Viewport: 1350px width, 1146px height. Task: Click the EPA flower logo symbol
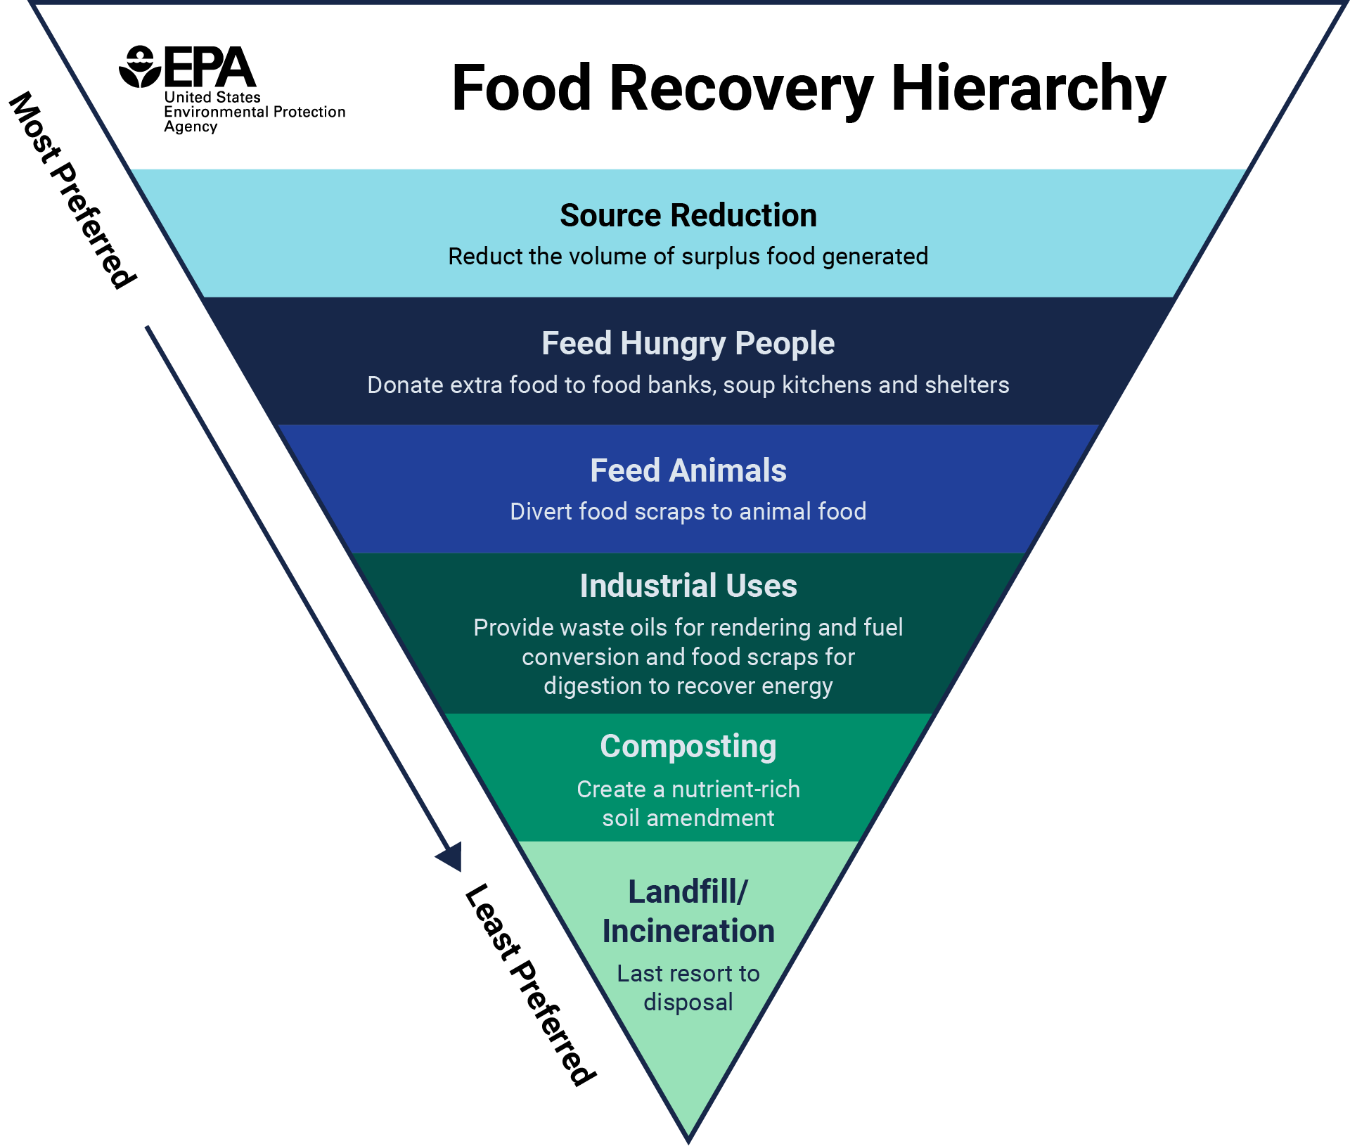coord(140,67)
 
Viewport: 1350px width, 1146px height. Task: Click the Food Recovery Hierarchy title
coord(809,89)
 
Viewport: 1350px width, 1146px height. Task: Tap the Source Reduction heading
coord(688,215)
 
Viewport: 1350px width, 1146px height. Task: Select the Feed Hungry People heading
coord(688,344)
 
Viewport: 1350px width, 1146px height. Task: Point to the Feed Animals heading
coord(688,470)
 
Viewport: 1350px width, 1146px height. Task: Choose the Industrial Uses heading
coord(688,586)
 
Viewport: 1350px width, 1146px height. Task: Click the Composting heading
coord(688,747)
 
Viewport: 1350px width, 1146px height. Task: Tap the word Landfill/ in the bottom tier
coord(688,891)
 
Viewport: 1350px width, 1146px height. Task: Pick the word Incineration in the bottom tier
coord(688,931)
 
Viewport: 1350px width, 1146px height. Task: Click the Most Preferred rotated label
coord(72,190)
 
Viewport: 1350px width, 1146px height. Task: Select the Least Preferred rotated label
coord(531,984)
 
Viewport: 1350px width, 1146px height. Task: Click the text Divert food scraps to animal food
coord(688,512)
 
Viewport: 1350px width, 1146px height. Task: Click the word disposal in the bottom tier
coord(688,1002)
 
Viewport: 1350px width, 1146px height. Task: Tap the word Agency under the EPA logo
coord(191,127)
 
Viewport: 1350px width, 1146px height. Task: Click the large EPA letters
coord(210,67)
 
